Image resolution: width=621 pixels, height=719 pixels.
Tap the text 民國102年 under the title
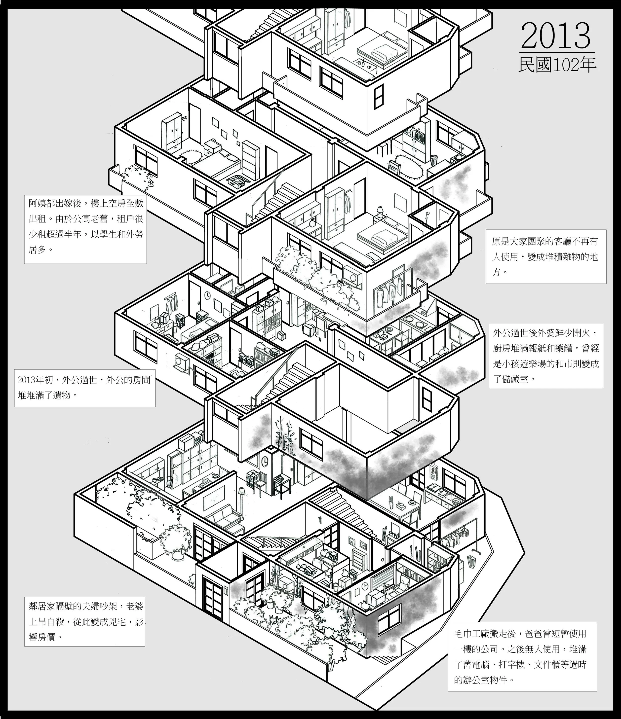[x=557, y=65]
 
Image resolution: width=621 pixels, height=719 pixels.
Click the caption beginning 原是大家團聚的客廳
[x=546, y=256]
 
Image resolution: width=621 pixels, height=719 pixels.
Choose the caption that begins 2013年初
[x=84, y=388]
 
